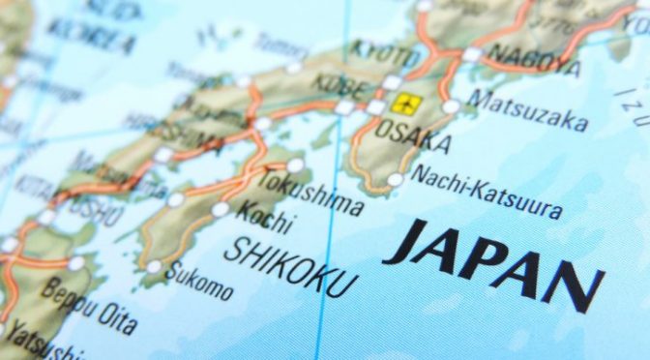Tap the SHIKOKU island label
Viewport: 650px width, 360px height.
pyautogui.click(x=290, y=263)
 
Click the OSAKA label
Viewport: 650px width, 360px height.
pyautogui.click(x=412, y=136)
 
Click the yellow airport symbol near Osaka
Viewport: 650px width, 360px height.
pyautogui.click(x=405, y=104)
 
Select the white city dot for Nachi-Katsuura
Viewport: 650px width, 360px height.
pyautogui.click(x=395, y=180)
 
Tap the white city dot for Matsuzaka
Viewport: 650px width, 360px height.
pyautogui.click(x=451, y=106)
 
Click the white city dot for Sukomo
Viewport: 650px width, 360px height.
pyautogui.click(x=154, y=266)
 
